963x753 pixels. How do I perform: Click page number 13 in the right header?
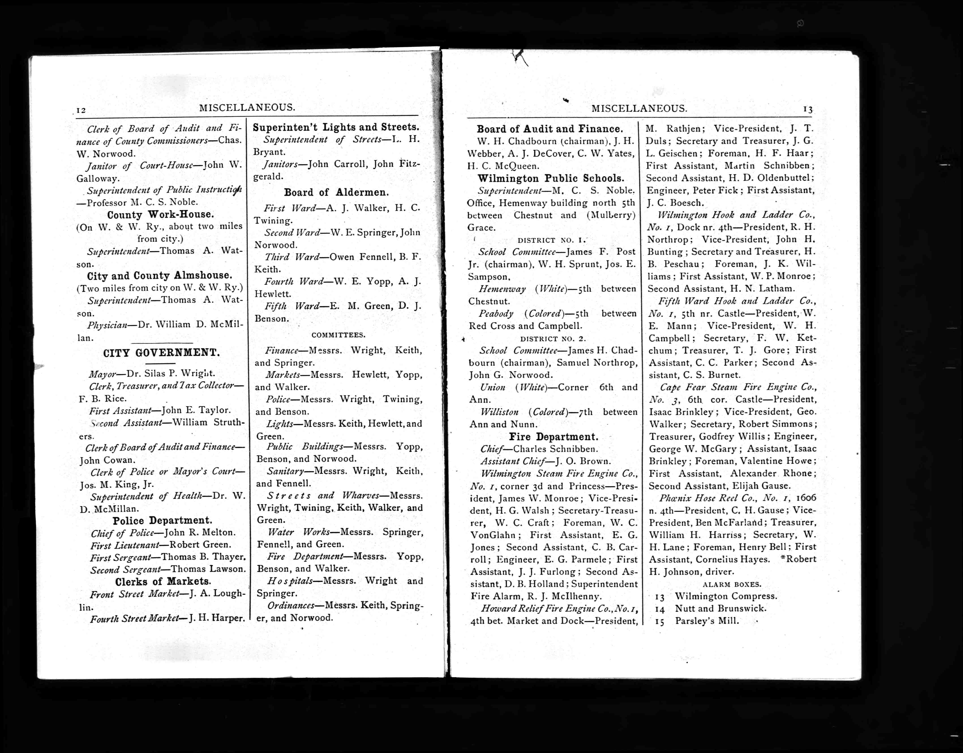[x=808, y=109]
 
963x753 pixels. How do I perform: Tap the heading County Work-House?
[x=161, y=215]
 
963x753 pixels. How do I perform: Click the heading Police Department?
[x=162, y=520]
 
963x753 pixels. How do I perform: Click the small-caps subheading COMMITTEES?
[x=338, y=335]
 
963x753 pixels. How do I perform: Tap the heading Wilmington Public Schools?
[x=551, y=179]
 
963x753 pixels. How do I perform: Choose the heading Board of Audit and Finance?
[x=550, y=129]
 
